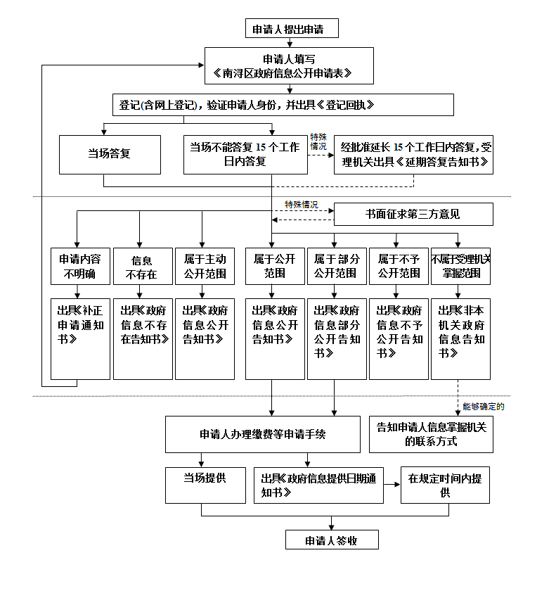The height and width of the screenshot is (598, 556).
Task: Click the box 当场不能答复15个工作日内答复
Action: [x=245, y=154]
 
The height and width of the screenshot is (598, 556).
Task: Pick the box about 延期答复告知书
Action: [x=413, y=154]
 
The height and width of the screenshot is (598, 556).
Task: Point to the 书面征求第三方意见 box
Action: [x=413, y=214]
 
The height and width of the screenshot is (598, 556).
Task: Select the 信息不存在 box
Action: [x=143, y=265]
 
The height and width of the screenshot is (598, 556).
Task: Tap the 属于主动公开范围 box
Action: [x=205, y=265]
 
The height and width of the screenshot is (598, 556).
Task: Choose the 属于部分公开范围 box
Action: [x=337, y=265]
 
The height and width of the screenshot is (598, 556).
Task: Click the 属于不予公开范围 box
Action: [x=399, y=265]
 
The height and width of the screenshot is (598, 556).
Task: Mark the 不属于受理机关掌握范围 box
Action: [x=460, y=265]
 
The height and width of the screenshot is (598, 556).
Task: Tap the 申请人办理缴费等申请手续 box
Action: [x=262, y=434]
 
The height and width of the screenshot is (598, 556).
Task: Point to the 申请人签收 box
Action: [x=332, y=540]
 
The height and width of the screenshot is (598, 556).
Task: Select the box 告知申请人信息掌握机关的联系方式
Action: [x=431, y=434]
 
